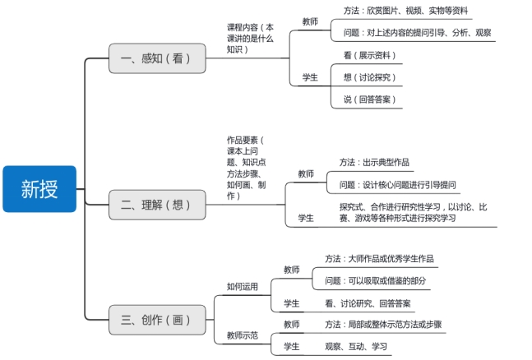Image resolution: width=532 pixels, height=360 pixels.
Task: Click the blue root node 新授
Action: (39, 189)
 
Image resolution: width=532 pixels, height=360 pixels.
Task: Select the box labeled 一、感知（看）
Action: (157, 58)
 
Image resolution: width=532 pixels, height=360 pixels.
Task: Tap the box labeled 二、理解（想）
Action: (157, 205)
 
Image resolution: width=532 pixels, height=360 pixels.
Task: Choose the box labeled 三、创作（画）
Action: (157, 320)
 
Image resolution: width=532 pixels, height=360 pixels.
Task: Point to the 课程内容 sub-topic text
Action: (250, 39)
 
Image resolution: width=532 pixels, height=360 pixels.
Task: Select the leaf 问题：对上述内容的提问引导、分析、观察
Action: (417, 33)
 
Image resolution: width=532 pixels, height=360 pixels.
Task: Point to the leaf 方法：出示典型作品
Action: (374, 162)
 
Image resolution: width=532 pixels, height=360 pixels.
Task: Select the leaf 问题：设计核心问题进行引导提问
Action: (398, 185)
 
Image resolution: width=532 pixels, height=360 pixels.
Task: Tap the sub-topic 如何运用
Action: (243, 287)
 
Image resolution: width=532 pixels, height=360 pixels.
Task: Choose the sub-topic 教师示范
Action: (243, 335)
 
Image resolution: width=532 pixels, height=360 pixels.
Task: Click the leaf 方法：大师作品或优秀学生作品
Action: (379, 258)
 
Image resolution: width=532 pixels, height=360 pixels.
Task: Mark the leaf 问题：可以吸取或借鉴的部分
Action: (376, 281)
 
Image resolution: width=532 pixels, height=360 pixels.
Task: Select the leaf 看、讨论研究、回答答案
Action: (368, 303)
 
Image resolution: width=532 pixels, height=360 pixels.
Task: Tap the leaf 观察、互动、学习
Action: (355, 346)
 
